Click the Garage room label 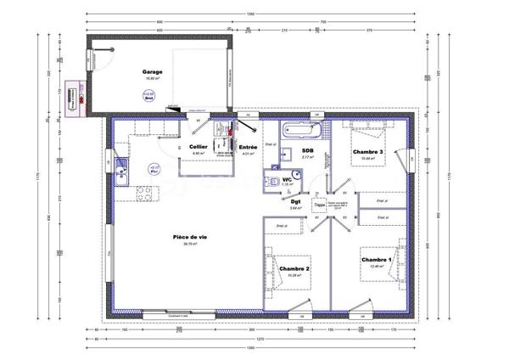coord(153,73)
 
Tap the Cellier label coord(199,147)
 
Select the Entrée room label coord(249,147)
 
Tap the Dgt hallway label coord(295,201)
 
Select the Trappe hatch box coord(320,205)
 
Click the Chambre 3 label coord(368,152)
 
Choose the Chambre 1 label coord(377,260)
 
